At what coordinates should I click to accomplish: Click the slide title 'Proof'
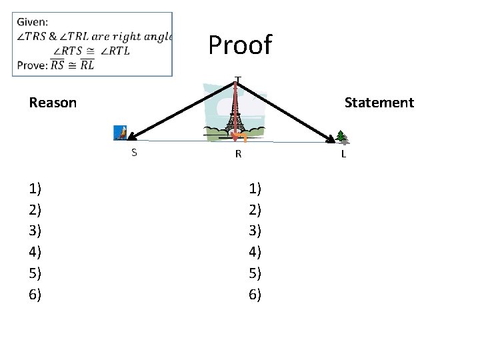(240, 45)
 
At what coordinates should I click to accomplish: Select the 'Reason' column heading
(53, 103)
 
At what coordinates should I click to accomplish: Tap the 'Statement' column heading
(379, 103)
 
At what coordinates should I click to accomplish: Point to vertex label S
(134, 153)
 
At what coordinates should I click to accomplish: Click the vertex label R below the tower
(237, 155)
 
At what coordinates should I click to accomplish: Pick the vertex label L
(343, 154)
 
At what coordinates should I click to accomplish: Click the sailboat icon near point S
(120, 133)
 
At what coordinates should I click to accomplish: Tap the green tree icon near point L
(342, 136)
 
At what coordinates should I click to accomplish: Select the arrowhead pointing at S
(130, 137)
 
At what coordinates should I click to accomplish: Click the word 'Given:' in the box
(32, 23)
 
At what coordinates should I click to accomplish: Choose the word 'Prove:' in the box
(32, 65)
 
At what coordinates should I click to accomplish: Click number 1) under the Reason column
(35, 189)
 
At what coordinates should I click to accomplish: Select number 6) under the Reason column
(35, 294)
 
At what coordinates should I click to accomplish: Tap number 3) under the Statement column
(255, 231)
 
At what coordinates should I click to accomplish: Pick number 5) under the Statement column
(255, 273)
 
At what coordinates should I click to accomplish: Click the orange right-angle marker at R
(243, 137)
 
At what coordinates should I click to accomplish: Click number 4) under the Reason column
(35, 252)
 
